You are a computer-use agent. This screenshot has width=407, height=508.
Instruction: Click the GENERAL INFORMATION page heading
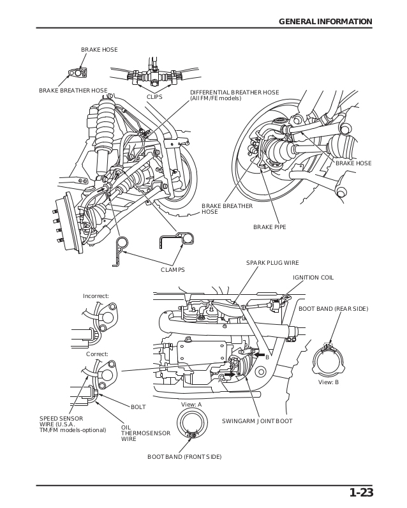click(x=325, y=22)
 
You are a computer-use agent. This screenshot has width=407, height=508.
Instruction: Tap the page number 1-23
click(x=360, y=492)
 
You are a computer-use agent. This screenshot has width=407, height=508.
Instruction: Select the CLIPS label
click(x=154, y=97)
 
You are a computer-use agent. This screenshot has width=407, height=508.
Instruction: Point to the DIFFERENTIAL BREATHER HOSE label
click(x=234, y=95)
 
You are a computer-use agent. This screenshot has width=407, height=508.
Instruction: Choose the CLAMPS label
click(x=172, y=270)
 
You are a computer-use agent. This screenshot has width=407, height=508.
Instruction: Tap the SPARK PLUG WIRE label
click(x=272, y=263)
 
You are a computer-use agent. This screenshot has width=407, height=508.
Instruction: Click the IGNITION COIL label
click(x=313, y=278)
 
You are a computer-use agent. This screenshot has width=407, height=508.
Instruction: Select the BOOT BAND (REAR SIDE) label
click(x=333, y=309)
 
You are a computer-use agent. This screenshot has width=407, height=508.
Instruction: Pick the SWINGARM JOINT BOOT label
click(x=257, y=421)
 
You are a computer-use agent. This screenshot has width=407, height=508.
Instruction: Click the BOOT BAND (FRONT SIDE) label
click(x=184, y=457)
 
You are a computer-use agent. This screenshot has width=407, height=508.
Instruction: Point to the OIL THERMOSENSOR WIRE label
click(x=137, y=433)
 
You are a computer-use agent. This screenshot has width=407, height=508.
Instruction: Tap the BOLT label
click(x=138, y=407)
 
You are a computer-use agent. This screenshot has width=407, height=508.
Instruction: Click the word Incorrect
click(x=96, y=296)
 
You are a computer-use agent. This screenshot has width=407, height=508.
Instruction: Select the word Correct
click(x=97, y=354)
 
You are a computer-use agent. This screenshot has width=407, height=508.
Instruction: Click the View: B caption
click(x=328, y=382)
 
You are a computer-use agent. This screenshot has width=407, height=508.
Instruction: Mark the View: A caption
click(x=191, y=405)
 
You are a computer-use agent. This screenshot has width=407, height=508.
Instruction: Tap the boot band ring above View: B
click(x=329, y=361)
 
